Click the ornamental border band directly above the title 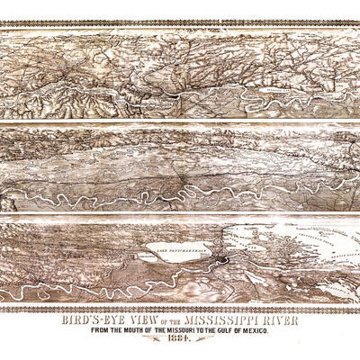tap(180, 309)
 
